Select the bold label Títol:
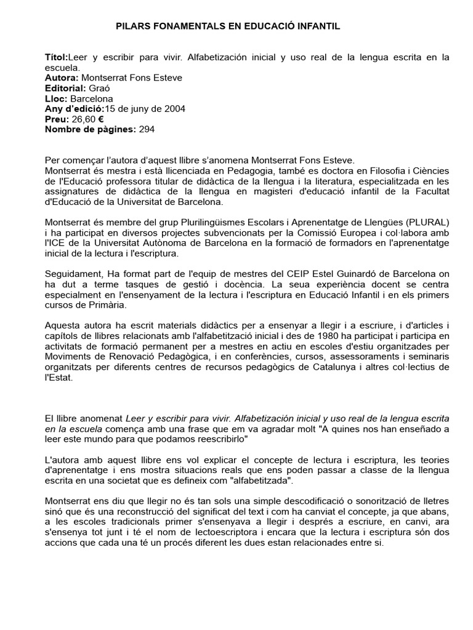[x=57, y=57]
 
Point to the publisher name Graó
[x=100, y=88]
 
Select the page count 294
[x=147, y=129]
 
